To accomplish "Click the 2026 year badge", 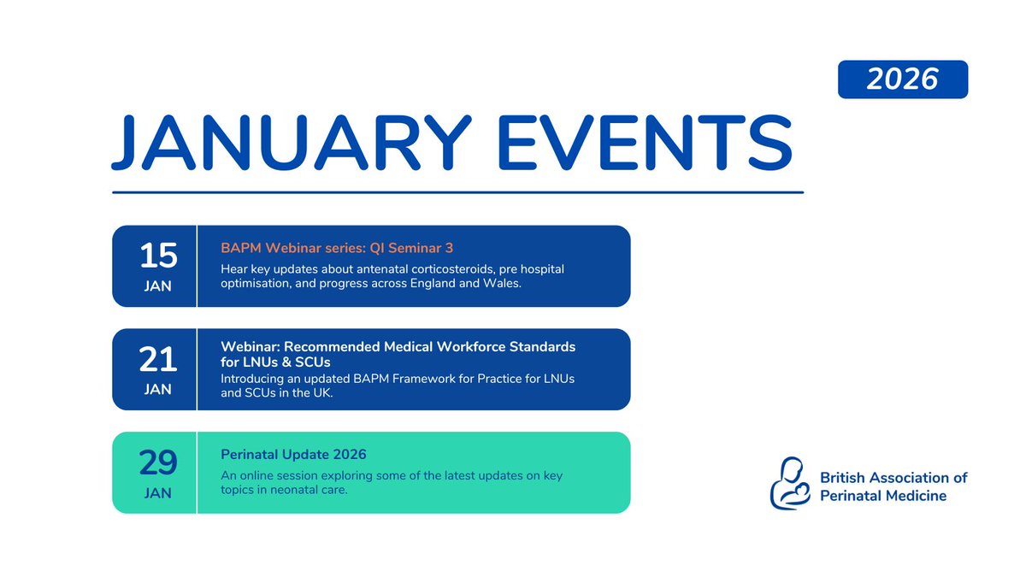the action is pos(903,79).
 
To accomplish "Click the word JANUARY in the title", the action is pos(292,143).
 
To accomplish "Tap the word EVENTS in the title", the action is pos(645,143).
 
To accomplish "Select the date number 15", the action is pos(158,255).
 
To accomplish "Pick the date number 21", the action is pos(158,359).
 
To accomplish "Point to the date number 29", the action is pos(158,462).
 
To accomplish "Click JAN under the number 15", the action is pos(158,286).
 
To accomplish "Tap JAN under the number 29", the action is pos(158,493).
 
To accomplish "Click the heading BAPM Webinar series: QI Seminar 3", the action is pos(337,248).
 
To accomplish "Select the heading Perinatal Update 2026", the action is pos(293,454).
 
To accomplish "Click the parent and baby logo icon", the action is pos(790,483).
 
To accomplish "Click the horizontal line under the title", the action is pos(458,192).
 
